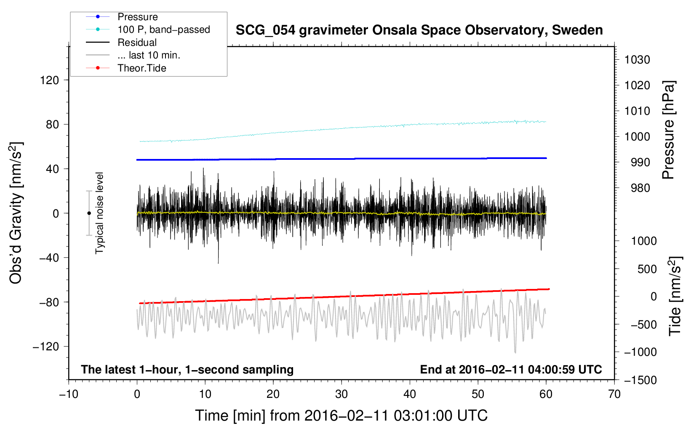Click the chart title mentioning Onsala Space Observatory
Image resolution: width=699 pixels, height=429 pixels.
tap(419, 30)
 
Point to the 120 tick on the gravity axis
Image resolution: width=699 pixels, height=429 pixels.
tap(50, 80)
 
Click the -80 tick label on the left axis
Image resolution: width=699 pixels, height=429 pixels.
tap(49, 302)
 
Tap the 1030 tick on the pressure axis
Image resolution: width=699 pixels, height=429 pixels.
tap(637, 60)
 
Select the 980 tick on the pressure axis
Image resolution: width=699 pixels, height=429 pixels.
tap(640, 188)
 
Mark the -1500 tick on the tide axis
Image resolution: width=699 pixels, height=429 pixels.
tap(640, 380)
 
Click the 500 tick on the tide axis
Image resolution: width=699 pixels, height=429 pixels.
tap(647, 269)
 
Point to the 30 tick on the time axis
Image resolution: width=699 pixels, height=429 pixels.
tap(341, 395)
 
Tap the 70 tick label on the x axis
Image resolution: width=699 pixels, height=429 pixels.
tap(614, 395)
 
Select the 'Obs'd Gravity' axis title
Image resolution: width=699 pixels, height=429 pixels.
tap(16, 213)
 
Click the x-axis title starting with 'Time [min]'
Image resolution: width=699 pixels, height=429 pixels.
tap(341, 416)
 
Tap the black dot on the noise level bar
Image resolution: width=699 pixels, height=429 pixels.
tap(89, 213)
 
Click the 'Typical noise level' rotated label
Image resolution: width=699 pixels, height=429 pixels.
tap(99, 213)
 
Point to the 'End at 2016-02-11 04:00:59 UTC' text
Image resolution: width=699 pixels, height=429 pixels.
tap(511, 369)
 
